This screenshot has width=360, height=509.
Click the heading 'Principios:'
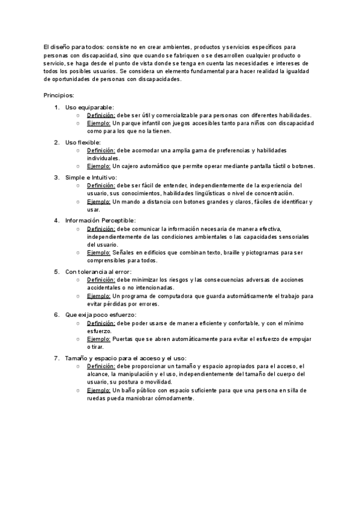point(59,95)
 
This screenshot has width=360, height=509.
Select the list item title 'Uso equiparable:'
point(89,107)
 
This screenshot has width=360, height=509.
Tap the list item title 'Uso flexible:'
point(83,142)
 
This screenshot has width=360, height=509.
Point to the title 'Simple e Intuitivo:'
point(91,178)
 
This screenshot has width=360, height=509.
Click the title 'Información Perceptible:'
point(101,221)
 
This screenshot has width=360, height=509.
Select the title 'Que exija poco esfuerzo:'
point(101,315)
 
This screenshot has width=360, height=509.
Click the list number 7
point(56,358)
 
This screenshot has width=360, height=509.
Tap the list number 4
point(56,221)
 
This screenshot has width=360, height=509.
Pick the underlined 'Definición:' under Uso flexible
point(101,150)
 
